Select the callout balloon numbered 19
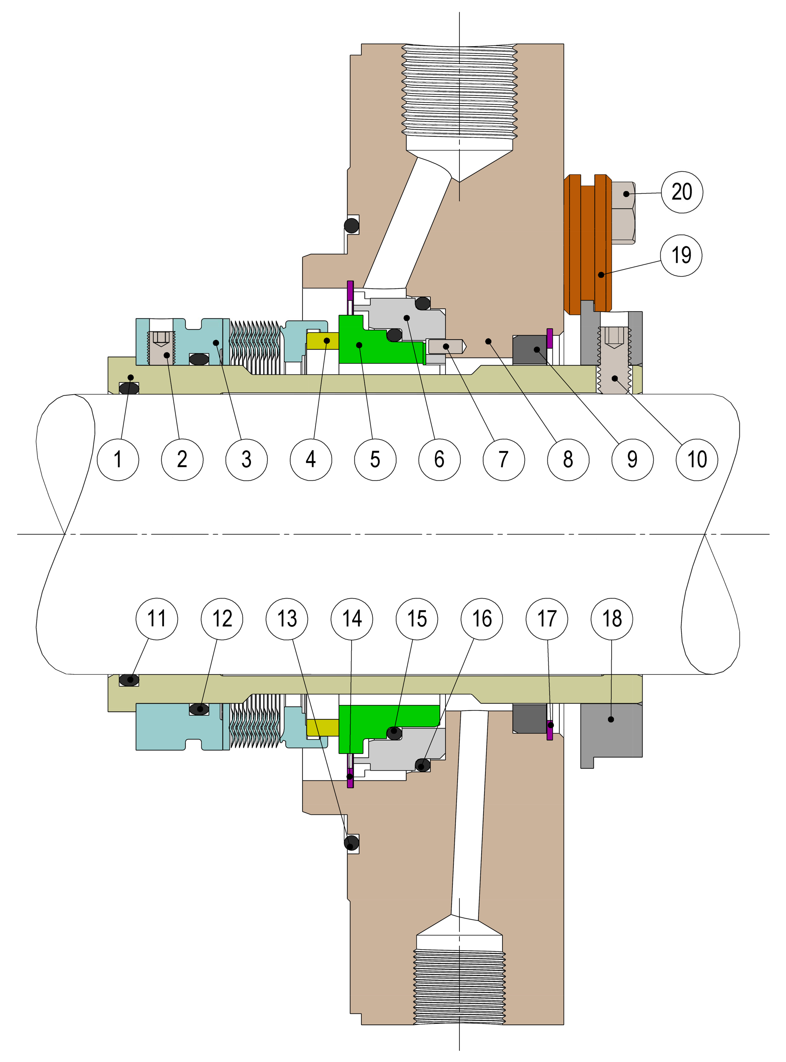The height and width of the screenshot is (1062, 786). click(x=681, y=255)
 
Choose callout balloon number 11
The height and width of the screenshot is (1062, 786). click(x=157, y=619)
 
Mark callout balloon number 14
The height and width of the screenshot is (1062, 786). click(x=352, y=619)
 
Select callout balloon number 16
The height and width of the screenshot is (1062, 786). click(x=482, y=619)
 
